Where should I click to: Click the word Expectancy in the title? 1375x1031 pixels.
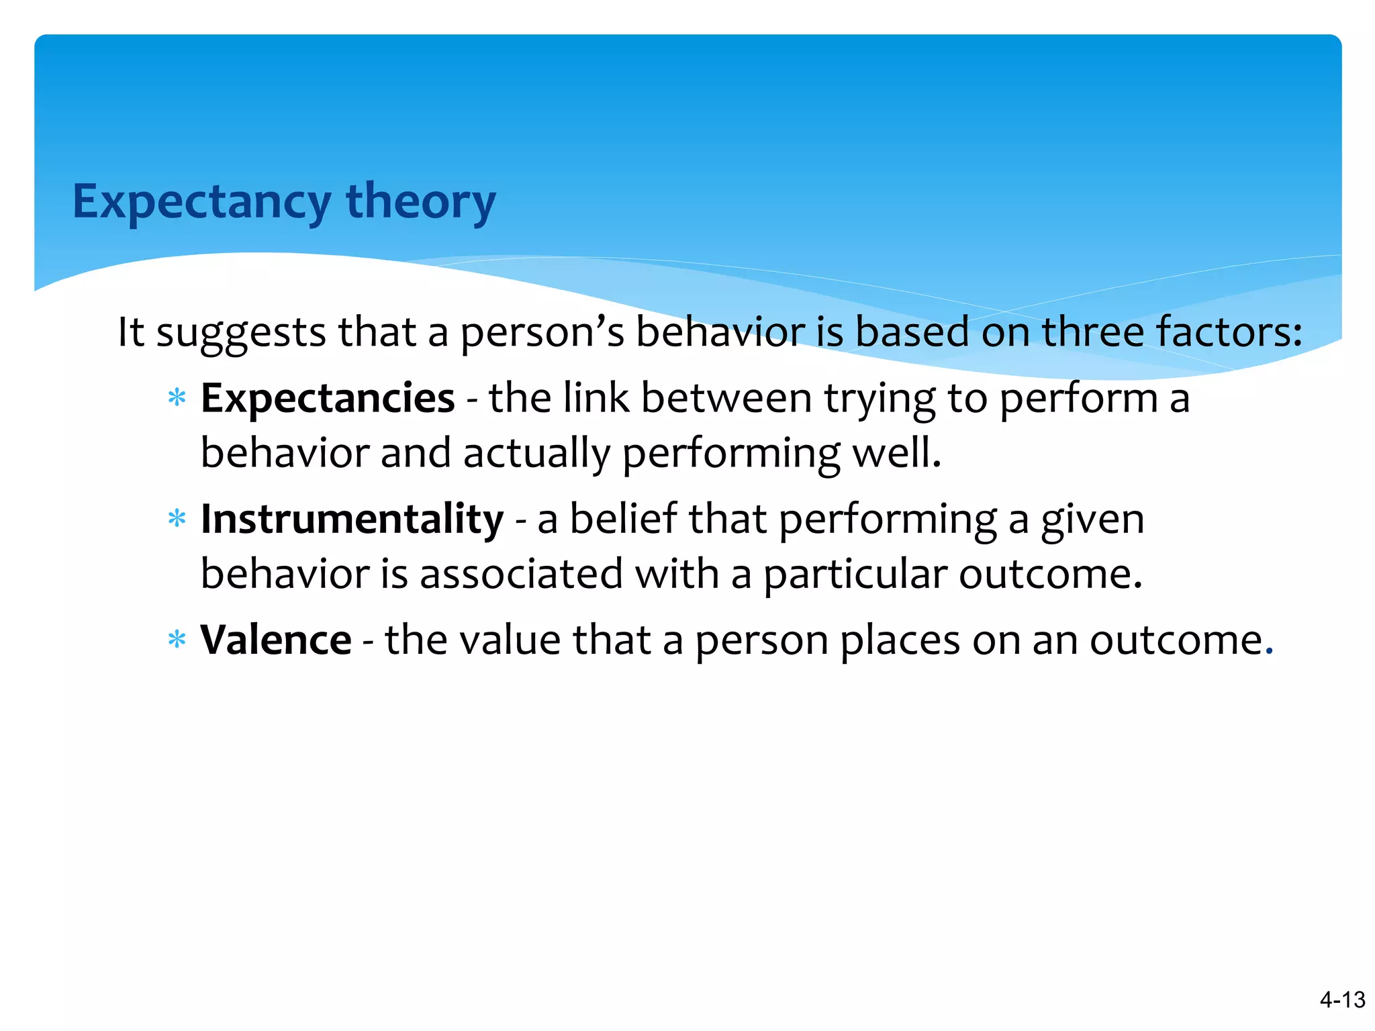point(201,201)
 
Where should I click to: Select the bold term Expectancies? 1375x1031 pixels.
point(328,398)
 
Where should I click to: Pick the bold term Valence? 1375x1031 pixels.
point(275,640)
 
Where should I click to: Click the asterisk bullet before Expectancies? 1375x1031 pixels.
point(177,399)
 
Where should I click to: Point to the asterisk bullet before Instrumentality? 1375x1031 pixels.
point(177,520)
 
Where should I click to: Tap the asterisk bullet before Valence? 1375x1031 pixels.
point(177,640)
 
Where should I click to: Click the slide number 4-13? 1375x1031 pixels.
point(1342,999)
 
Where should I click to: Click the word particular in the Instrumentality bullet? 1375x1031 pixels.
point(855,575)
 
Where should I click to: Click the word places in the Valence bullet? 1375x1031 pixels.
point(900,641)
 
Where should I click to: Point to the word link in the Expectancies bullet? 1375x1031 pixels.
point(596,398)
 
